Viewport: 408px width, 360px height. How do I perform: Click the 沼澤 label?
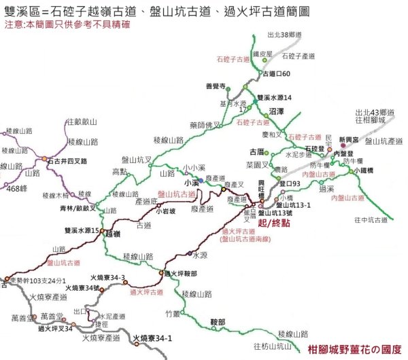277,110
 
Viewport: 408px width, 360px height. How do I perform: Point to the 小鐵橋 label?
367,170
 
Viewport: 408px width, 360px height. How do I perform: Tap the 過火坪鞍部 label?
181,274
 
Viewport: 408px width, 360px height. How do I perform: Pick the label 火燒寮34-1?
153,338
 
